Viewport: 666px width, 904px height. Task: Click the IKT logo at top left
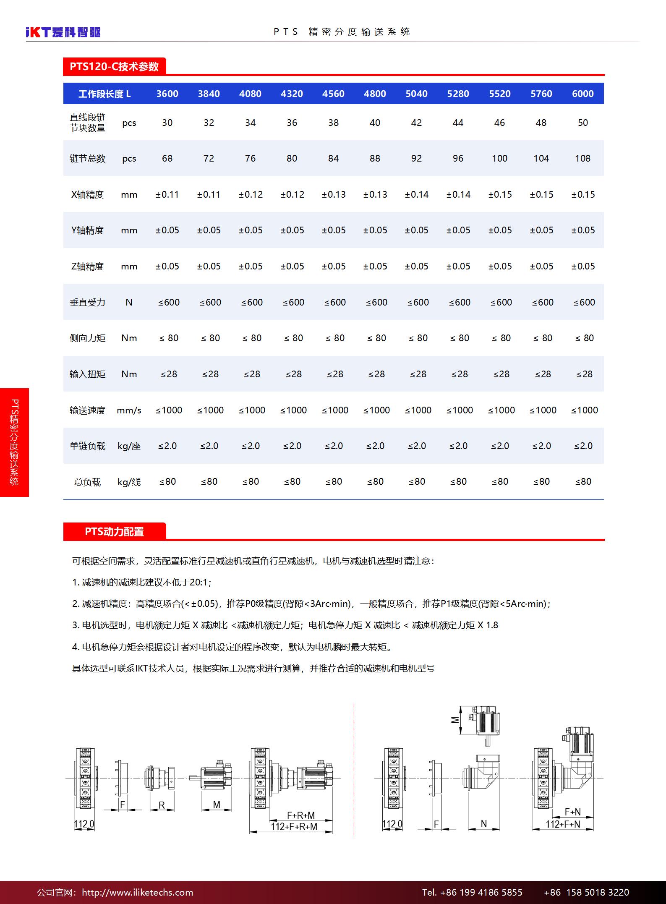pyautogui.click(x=63, y=32)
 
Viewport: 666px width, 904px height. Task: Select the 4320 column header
pyautogui.click(x=292, y=94)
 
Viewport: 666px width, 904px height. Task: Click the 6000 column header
pyautogui.click(x=582, y=94)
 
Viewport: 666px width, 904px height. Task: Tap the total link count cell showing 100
pyautogui.click(x=499, y=158)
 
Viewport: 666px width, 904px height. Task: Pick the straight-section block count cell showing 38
pyautogui.click(x=333, y=123)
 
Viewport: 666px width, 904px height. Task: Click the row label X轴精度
pyautogui.click(x=87, y=194)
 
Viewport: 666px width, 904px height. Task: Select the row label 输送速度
pyautogui.click(x=87, y=410)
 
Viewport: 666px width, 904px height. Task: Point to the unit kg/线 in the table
pyautogui.click(x=129, y=482)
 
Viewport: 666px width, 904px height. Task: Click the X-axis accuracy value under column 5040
pyautogui.click(x=416, y=194)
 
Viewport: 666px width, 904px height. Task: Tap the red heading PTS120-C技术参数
pyautogui.click(x=114, y=67)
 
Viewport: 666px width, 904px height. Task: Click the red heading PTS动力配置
pyautogui.click(x=114, y=532)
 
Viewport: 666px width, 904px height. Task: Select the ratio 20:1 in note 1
pyautogui.click(x=199, y=582)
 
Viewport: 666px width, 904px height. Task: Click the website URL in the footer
pyautogui.click(x=137, y=892)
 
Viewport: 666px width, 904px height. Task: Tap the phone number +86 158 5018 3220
pyautogui.click(x=586, y=892)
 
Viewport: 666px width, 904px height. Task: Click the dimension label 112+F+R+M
pyautogui.click(x=294, y=826)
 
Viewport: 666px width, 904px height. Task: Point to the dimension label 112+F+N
pyautogui.click(x=563, y=824)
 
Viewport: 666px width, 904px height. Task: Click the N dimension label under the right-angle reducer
pyautogui.click(x=483, y=823)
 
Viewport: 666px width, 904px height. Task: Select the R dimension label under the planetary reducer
pyautogui.click(x=162, y=805)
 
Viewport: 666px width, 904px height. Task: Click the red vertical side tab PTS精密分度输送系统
pyautogui.click(x=14, y=442)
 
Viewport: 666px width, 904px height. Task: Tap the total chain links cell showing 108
pyautogui.click(x=582, y=158)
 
